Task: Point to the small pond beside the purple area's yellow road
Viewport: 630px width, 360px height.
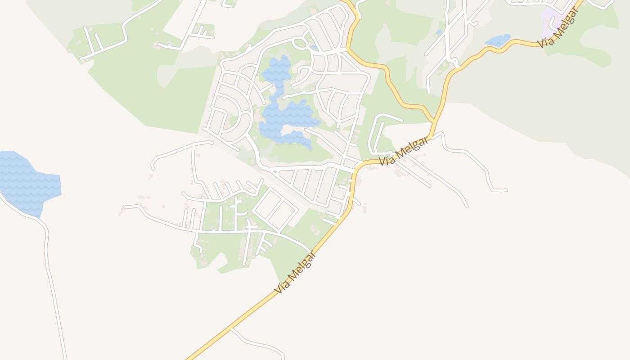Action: (x=498, y=40)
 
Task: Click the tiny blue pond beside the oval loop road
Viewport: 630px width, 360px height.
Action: (x=314, y=47)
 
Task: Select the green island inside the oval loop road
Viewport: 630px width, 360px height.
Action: (x=300, y=44)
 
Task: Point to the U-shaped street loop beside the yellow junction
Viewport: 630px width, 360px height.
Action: (x=378, y=133)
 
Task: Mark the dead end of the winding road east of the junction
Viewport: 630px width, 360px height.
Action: (x=506, y=190)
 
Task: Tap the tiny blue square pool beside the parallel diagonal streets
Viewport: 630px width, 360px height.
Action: (x=439, y=32)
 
